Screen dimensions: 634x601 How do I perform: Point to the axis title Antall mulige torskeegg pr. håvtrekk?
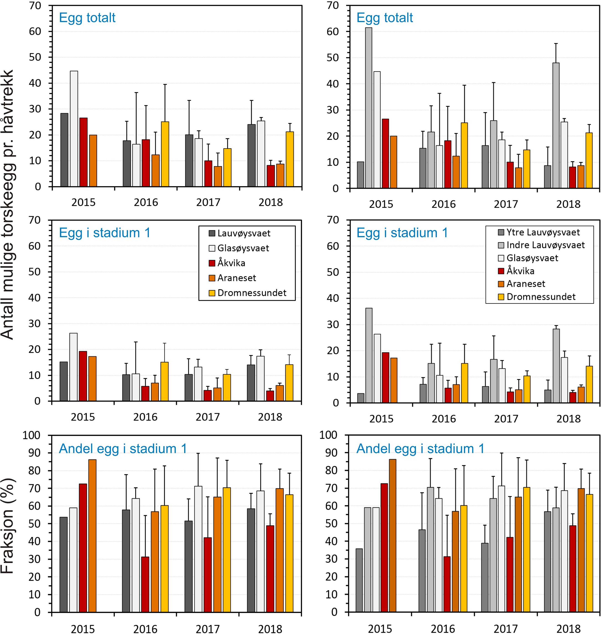pyautogui.click(x=8, y=205)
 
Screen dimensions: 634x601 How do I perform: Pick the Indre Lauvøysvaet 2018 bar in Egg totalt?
pyautogui.click(x=556, y=125)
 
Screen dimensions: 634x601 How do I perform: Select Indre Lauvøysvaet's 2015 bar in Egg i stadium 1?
pyautogui.click(x=369, y=355)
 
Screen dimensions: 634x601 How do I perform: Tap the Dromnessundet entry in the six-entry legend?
pyautogui.click(x=541, y=297)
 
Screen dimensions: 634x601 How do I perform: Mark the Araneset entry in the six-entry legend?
pyautogui.click(x=526, y=284)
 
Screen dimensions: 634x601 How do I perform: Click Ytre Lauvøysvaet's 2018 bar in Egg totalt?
pyautogui.click(x=548, y=176)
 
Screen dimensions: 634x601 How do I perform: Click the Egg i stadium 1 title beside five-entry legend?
pyautogui.click(x=104, y=233)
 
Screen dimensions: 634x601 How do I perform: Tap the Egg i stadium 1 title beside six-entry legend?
pyautogui.click(x=402, y=233)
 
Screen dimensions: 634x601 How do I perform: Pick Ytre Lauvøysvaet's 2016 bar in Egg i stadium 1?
pyautogui.click(x=423, y=393)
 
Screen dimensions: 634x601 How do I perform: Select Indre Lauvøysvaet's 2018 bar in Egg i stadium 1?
pyautogui.click(x=556, y=366)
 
